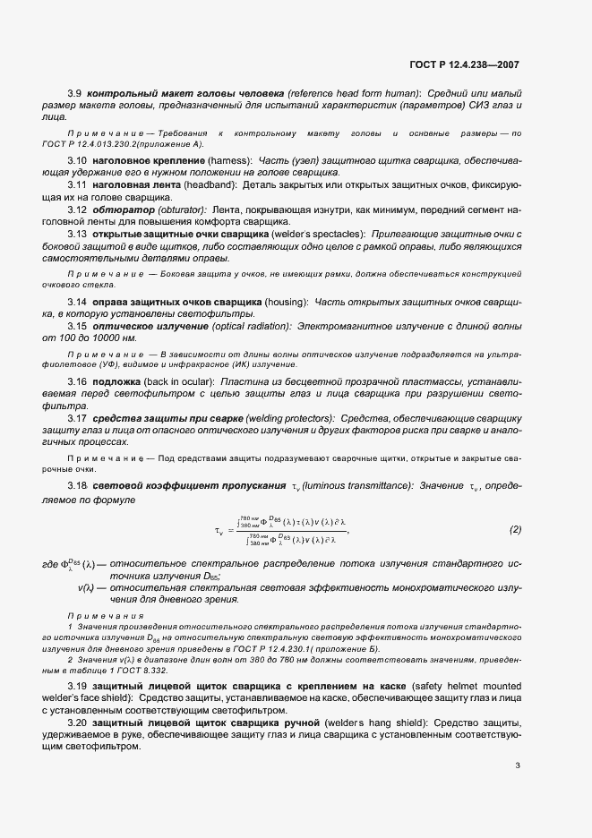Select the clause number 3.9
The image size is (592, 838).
click(x=76, y=93)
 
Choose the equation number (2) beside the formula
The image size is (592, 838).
click(x=515, y=529)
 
